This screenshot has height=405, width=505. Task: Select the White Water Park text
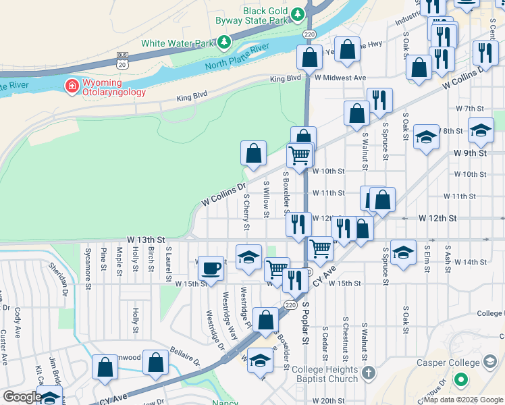pyautogui.click(x=177, y=43)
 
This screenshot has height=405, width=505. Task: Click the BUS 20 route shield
pyautogui.click(x=122, y=59)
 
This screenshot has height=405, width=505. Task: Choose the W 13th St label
pyautogui.click(x=146, y=240)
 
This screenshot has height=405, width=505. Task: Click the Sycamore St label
pyautogui.click(x=88, y=268)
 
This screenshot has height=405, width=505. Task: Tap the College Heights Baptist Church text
pyautogui.click(x=330, y=374)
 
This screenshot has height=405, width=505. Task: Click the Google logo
pyautogui.click(x=22, y=397)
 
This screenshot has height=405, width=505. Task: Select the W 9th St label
pyautogui.click(x=470, y=153)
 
